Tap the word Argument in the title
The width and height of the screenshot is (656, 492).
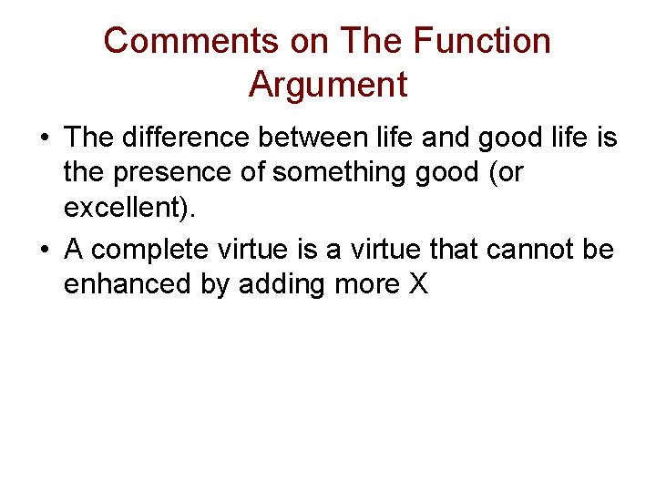(x=327, y=85)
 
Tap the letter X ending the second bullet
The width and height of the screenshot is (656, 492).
(x=417, y=284)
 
